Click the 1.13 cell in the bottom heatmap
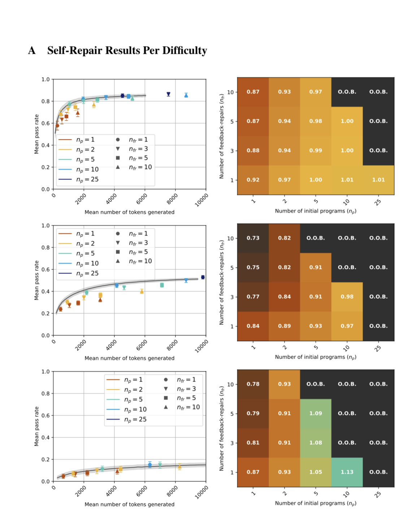[x=347, y=472]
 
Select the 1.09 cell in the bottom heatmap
[x=315, y=413]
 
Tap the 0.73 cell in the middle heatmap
[x=253, y=238]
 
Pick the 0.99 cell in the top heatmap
[x=315, y=150]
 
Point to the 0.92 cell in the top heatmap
[x=253, y=180]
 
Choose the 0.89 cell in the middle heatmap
[x=284, y=326]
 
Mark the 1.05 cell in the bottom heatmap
[x=315, y=472]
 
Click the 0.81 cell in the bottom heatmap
[x=253, y=442]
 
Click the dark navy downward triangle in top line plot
[x=168, y=94]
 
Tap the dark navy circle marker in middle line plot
[x=203, y=277]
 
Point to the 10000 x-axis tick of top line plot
[x=201, y=200]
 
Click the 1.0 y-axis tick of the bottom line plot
[x=45, y=371]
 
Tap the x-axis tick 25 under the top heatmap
[x=378, y=202]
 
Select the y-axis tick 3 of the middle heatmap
[x=232, y=297]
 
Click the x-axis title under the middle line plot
[x=129, y=358]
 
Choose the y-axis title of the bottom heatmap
[x=221, y=428]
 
